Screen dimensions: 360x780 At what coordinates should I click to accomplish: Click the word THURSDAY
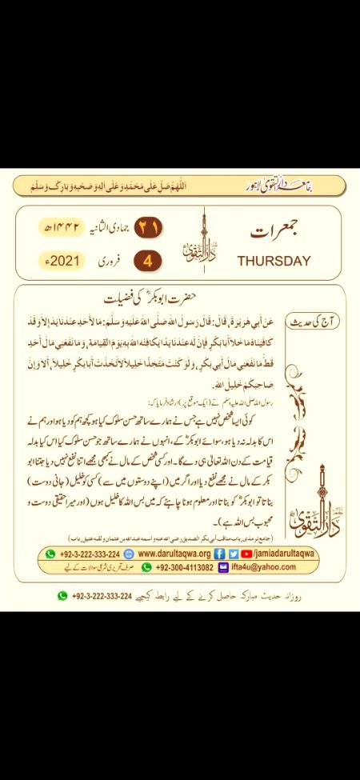274,261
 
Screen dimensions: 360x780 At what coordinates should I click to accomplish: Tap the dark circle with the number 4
147,261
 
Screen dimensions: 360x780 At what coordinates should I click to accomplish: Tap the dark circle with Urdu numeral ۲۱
148,228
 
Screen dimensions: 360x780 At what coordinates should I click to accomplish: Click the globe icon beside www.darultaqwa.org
130,554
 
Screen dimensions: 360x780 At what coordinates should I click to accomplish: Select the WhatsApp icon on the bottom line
62,595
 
